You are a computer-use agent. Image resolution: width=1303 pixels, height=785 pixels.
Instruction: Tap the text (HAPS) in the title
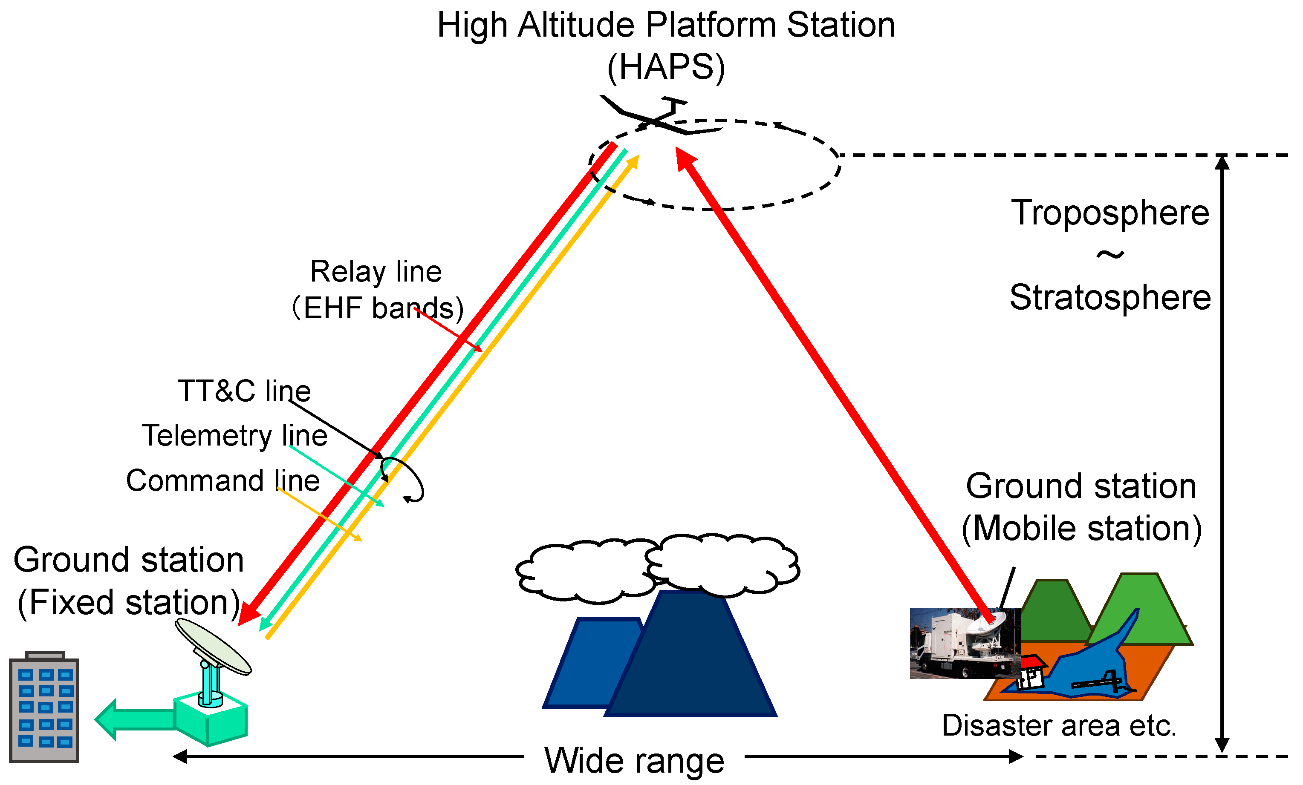tap(666, 67)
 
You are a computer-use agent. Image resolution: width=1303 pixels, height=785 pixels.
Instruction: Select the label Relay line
tap(376, 272)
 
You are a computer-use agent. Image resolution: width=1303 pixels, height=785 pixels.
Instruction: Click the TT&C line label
tap(244, 391)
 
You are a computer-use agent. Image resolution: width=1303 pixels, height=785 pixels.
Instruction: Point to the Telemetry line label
tap(234, 436)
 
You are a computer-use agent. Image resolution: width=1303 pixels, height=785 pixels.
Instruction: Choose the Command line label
tap(222, 480)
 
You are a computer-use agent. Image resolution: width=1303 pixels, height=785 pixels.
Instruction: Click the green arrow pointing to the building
tap(135, 719)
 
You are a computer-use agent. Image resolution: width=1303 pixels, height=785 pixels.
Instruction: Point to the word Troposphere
tap(1110, 213)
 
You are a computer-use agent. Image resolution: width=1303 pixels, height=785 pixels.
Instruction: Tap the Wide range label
tap(634, 761)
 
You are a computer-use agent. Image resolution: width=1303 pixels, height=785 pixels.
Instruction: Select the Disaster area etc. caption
tap(1059, 725)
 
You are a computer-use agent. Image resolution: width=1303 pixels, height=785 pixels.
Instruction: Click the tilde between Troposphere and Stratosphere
tap(1110, 255)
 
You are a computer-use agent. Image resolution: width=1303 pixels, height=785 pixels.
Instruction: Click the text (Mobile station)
tap(1081, 528)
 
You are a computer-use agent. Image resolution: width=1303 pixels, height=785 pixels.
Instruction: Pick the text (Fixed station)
tap(128, 602)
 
